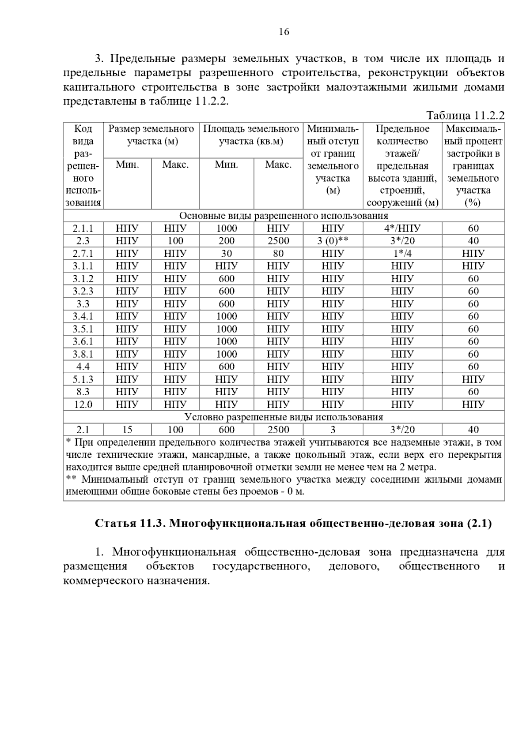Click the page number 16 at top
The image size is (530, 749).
[x=284, y=32]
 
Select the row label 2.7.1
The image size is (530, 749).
[x=83, y=254]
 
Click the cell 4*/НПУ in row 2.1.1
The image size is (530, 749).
[x=402, y=228]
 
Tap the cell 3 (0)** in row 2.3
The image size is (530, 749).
[x=333, y=241]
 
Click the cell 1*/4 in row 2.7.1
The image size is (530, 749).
[x=402, y=254]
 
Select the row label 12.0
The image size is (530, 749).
[x=83, y=404]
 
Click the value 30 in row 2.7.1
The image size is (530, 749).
[x=226, y=254]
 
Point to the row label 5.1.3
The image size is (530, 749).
[x=83, y=379]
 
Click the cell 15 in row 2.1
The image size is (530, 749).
[x=127, y=430]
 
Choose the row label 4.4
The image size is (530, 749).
[x=83, y=367]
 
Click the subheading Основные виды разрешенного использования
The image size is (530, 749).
[x=284, y=216]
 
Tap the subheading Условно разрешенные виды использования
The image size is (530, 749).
[x=284, y=417]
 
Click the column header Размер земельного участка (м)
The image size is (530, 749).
[x=151, y=135]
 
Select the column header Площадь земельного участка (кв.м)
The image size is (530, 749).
[x=251, y=135]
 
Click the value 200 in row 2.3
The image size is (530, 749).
[x=226, y=241]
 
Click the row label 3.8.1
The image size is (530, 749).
[x=83, y=354]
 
